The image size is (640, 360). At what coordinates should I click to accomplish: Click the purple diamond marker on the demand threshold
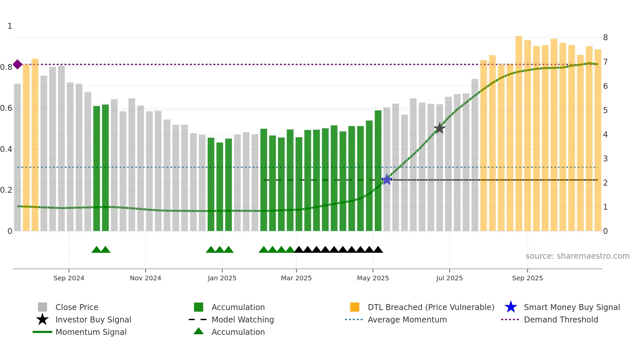tap(18, 64)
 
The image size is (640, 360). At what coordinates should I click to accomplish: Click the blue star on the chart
tap(387, 179)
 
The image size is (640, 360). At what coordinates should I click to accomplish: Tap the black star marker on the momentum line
tap(440, 128)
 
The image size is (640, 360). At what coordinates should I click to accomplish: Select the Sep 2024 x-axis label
tap(69, 278)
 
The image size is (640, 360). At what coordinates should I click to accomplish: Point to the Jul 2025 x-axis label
tap(449, 278)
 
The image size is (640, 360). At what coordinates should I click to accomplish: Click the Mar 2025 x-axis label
tap(296, 278)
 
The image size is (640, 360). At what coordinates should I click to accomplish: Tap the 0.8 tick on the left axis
tap(6, 67)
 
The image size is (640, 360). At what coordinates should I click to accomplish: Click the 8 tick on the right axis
tap(605, 38)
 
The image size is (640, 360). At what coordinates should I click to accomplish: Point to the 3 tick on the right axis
tap(605, 159)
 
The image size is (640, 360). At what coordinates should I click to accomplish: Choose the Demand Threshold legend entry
tap(561, 319)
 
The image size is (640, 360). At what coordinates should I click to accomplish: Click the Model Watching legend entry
tap(242, 319)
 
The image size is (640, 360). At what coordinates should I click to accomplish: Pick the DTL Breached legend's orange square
tap(355, 307)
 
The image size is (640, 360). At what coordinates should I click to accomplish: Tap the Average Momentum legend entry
tap(407, 319)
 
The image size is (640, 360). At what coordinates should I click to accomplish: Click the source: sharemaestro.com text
tap(577, 256)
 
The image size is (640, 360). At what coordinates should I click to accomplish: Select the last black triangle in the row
tap(378, 250)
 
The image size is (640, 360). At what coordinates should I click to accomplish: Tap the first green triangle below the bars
tap(96, 250)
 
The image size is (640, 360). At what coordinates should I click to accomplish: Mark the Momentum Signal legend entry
tap(91, 332)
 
